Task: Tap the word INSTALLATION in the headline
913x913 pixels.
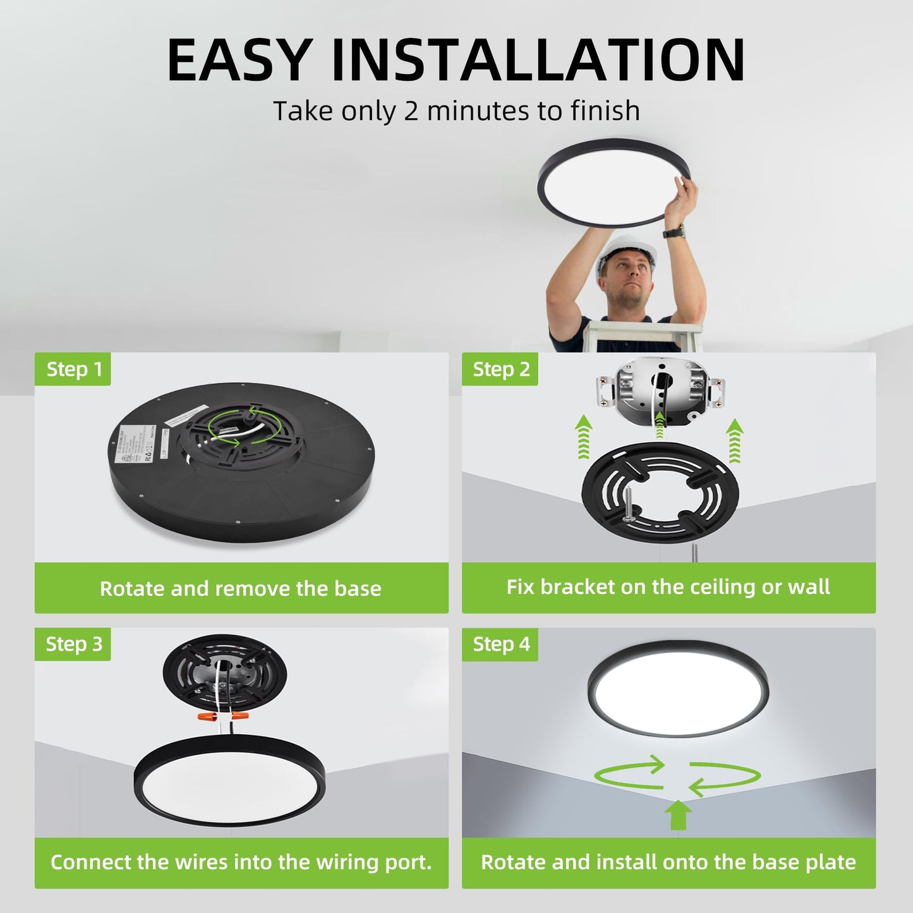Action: pyautogui.click(x=538, y=61)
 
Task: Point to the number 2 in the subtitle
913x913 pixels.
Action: pyautogui.click(x=411, y=111)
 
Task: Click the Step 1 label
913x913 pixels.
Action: pyautogui.click(x=74, y=369)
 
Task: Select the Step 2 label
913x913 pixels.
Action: pyautogui.click(x=501, y=369)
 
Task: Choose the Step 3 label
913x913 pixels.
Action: pyautogui.click(x=73, y=644)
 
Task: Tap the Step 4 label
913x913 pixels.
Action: pyautogui.click(x=501, y=644)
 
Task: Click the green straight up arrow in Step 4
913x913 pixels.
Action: pyautogui.click(x=678, y=815)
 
